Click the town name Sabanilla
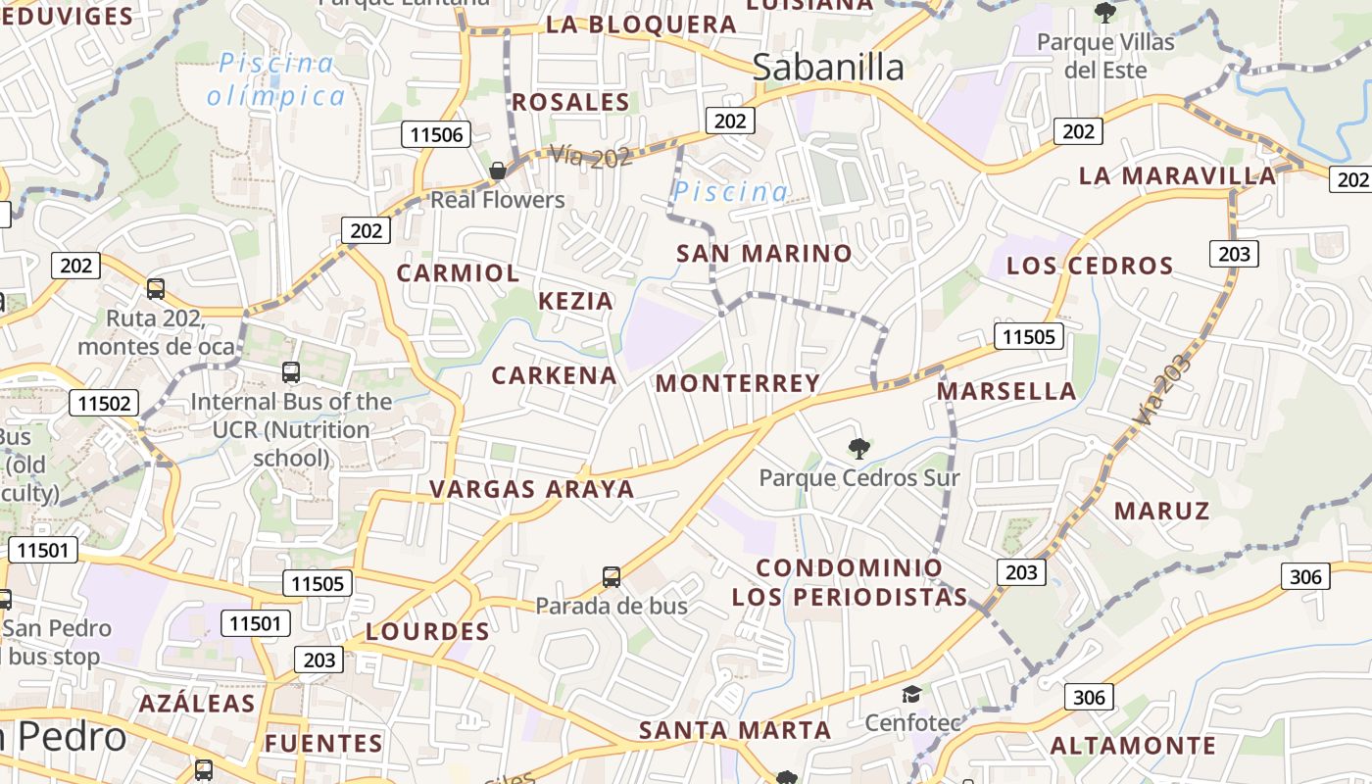(829, 67)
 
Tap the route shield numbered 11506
(436, 135)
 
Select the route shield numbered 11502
(105, 404)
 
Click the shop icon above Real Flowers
(498, 171)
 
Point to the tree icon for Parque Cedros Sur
(859, 450)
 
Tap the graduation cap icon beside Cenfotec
(911, 695)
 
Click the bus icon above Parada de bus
(612, 577)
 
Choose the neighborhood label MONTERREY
(738, 383)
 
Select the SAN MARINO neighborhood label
(764, 254)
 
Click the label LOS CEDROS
(1090, 266)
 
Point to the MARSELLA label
(1006, 392)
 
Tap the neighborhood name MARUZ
(1162, 511)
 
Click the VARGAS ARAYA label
(532, 489)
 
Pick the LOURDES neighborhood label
(427, 632)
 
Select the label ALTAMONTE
(1133, 746)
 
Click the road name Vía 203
(1162, 389)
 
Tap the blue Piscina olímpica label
(276, 79)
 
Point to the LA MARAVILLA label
(1178, 176)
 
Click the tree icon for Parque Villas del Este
(1105, 13)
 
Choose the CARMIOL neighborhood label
(458, 273)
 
